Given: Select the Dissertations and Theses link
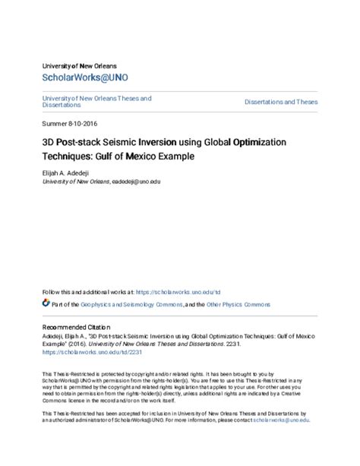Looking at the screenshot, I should (281, 102).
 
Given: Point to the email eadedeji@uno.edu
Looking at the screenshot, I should (136, 182).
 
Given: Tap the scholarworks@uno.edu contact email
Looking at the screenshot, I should (281, 420).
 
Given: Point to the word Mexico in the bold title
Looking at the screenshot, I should (174, 156).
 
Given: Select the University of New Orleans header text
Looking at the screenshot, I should (79, 65).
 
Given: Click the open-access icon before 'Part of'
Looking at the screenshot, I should (46, 304).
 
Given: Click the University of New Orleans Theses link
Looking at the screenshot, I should (96, 98).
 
